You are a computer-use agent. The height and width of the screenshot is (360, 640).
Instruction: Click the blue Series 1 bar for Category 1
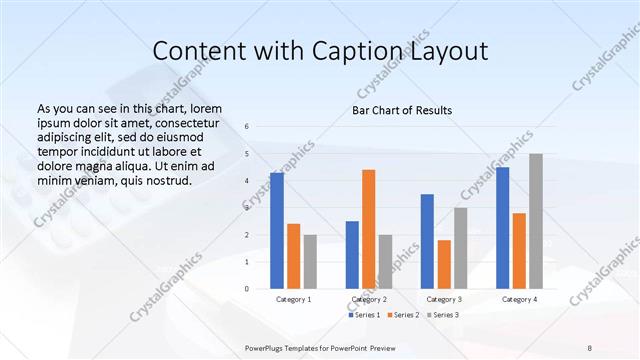(277, 231)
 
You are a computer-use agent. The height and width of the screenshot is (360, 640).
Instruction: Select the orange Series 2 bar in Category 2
(368, 229)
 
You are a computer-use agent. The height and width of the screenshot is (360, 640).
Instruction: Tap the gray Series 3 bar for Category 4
(536, 221)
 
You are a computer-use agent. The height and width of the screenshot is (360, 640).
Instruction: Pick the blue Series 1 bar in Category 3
(427, 241)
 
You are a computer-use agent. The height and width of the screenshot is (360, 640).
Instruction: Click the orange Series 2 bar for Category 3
(444, 264)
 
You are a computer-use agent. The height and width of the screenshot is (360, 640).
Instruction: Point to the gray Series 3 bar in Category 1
(310, 261)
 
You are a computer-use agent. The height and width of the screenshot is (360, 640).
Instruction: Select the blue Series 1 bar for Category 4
(502, 228)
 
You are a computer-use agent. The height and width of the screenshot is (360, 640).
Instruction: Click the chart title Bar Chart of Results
(403, 110)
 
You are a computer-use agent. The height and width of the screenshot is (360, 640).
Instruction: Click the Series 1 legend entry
(362, 315)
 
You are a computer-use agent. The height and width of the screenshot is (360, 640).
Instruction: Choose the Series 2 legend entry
(403, 315)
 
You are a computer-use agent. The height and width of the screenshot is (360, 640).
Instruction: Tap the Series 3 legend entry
(444, 315)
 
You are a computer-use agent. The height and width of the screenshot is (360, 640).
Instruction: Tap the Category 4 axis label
(519, 299)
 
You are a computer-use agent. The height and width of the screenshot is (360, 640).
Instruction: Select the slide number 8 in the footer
(590, 346)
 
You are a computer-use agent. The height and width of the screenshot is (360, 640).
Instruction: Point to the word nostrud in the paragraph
(166, 180)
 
